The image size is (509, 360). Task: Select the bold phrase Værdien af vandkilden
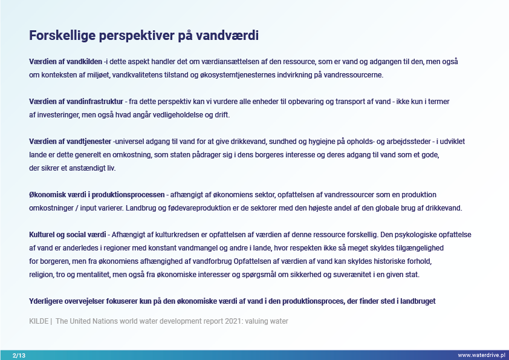(x=65, y=62)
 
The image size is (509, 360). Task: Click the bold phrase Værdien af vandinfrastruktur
(x=76, y=102)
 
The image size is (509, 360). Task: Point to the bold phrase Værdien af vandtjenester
(x=70, y=142)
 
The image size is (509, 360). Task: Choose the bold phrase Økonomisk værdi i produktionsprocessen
(x=97, y=195)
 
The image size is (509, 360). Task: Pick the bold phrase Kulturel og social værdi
(x=68, y=235)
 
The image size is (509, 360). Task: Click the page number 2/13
(x=19, y=355)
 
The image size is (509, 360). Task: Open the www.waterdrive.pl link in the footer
(x=481, y=355)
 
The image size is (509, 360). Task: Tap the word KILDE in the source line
(x=39, y=321)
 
